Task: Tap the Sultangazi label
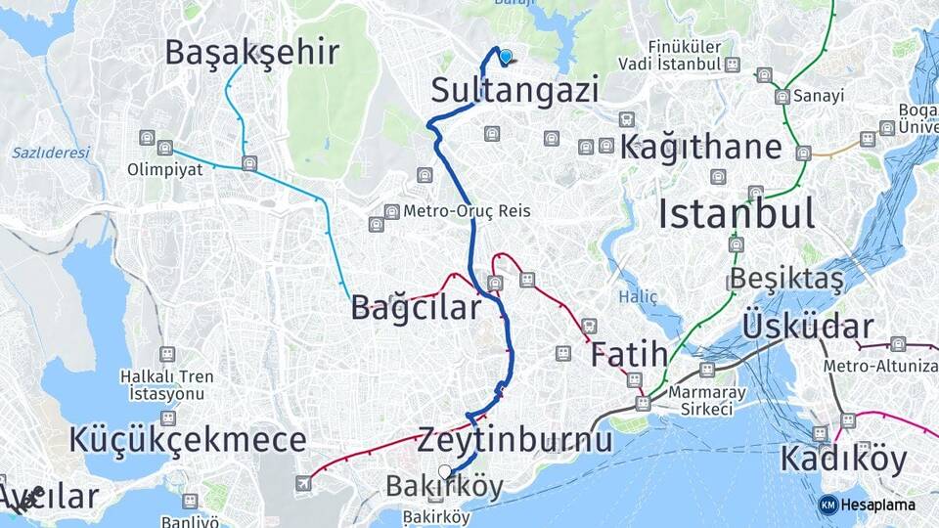coord(514,91)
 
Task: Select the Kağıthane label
coord(701,148)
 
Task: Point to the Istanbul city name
coord(736,212)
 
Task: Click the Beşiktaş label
coord(786,279)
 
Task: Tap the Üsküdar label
coord(808,326)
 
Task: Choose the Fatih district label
coord(628,355)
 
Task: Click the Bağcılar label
coord(416,309)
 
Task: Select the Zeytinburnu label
coord(514,440)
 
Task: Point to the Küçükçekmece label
coord(187,440)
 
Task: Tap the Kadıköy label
coord(843,460)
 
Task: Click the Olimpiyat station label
coord(164,169)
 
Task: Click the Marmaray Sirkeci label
coord(700,401)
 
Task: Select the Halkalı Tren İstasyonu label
coord(167,384)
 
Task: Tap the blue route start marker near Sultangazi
coord(506,57)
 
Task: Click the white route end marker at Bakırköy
coord(446,472)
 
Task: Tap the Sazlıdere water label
coord(51,153)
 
